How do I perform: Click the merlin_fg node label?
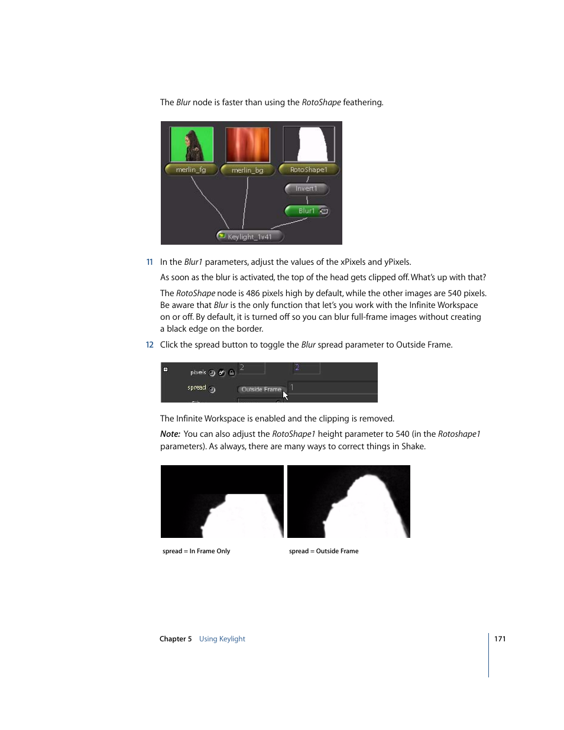click(x=190, y=170)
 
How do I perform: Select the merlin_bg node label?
click(x=247, y=170)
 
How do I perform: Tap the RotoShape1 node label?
click(x=309, y=170)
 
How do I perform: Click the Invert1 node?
click(x=306, y=189)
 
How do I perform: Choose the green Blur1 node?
click(x=306, y=211)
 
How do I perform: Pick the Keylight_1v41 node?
click(x=250, y=236)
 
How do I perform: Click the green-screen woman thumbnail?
click(x=192, y=144)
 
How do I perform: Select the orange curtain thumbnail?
click(x=248, y=145)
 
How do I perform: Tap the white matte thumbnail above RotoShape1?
click(x=309, y=144)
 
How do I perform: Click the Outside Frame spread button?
click(x=261, y=390)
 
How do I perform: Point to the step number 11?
click(x=150, y=262)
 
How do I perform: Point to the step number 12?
click(x=150, y=345)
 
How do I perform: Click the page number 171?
click(x=500, y=639)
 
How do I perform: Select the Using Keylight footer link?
click(x=222, y=639)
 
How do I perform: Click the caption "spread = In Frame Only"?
click(x=196, y=551)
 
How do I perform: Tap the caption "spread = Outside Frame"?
click(x=323, y=551)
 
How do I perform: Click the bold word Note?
click(x=170, y=434)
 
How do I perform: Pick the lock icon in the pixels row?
click(x=232, y=372)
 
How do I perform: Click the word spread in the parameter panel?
click(x=197, y=388)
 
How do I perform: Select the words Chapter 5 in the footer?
click(x=176, y=639)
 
